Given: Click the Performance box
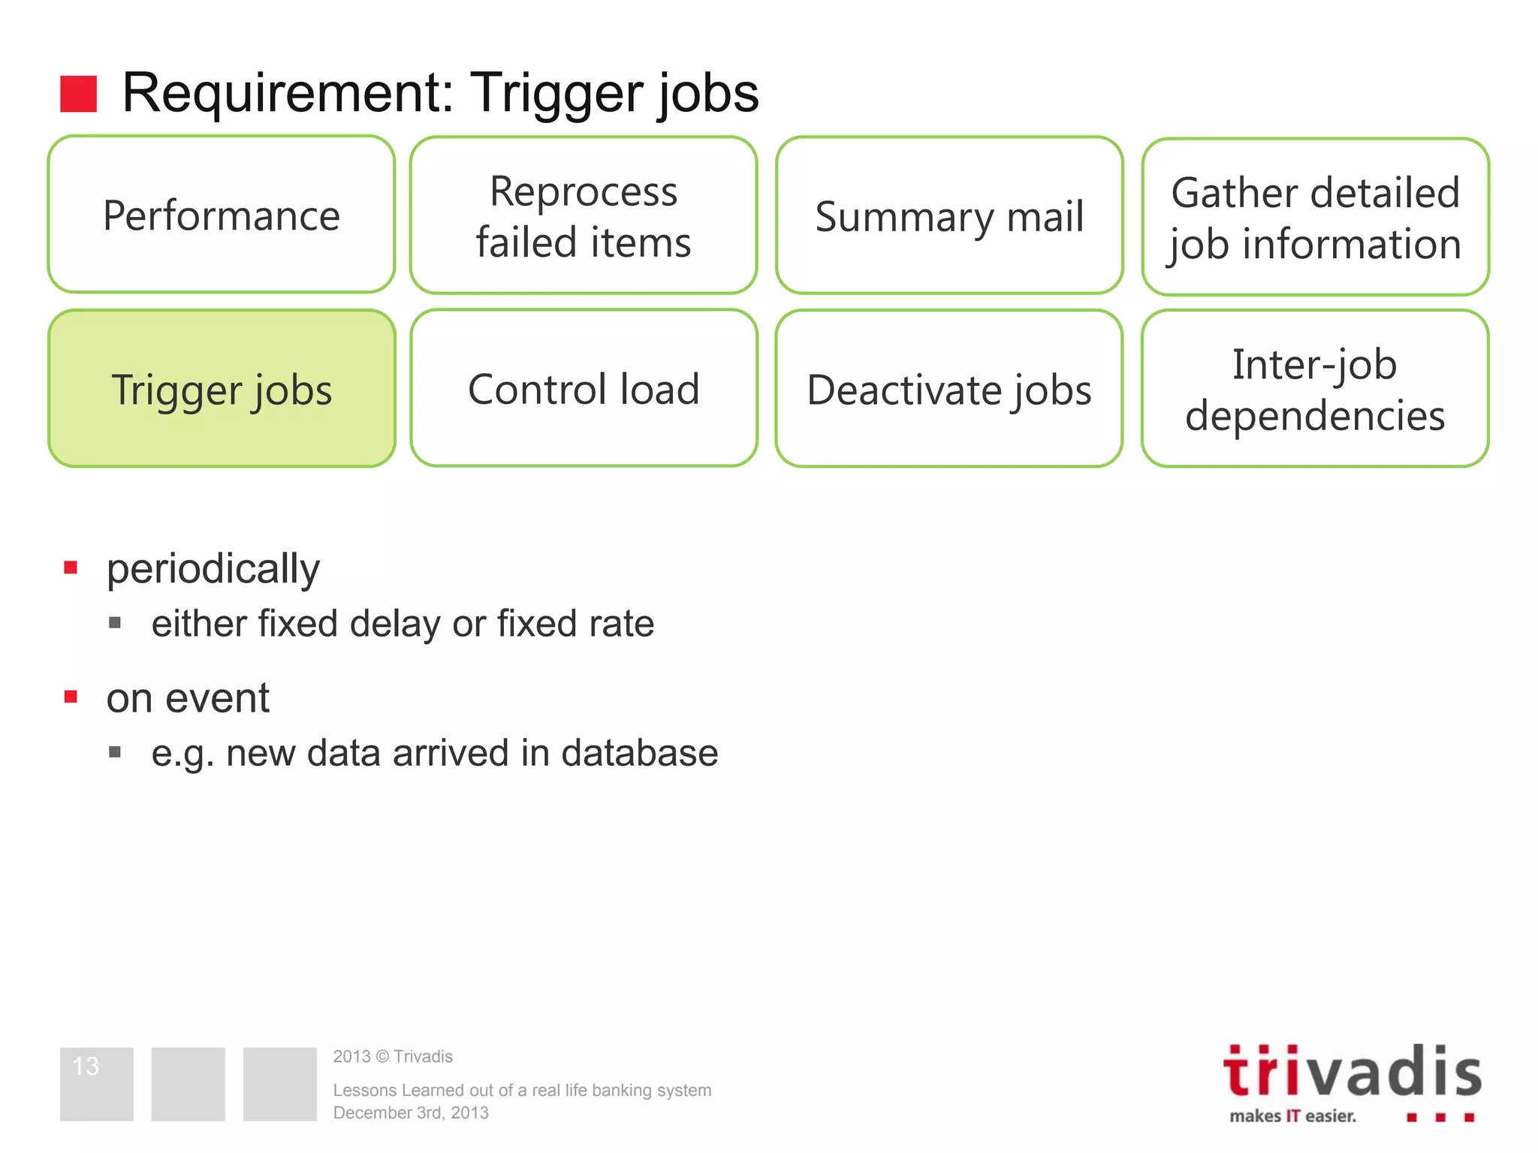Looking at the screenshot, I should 222,215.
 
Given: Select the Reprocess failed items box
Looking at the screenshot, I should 584,215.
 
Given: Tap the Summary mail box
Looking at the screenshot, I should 949,215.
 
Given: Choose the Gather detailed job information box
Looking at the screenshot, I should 1315,217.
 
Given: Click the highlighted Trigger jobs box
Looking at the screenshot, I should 222,389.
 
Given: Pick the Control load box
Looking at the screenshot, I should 584,388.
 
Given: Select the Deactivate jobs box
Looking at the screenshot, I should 949,389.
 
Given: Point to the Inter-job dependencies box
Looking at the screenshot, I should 1315,389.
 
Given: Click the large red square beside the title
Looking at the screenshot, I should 79,94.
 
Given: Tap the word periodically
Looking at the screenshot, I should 213,568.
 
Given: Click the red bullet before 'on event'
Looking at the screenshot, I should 71,697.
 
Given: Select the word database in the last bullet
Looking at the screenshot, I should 639,753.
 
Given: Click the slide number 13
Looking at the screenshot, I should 86,1066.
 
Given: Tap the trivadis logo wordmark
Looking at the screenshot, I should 1352,1072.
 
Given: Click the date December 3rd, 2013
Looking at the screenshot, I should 411,1112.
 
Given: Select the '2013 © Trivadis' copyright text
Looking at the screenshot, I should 393,1056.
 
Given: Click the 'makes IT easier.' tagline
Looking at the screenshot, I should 1292,1116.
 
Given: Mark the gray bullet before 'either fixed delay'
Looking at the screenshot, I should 115,622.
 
